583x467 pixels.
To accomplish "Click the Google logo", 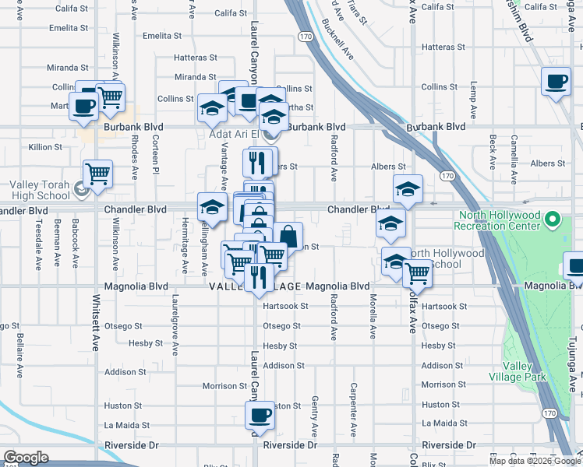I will coord(26,458).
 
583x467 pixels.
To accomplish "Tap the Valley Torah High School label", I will coord(39,191).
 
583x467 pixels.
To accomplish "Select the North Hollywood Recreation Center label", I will coord(500,221).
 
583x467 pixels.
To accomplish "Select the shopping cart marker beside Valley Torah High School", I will coord(97,174).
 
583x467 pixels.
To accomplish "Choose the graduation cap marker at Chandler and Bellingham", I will coord(212,207).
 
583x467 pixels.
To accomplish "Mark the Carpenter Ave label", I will coord(353,408).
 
